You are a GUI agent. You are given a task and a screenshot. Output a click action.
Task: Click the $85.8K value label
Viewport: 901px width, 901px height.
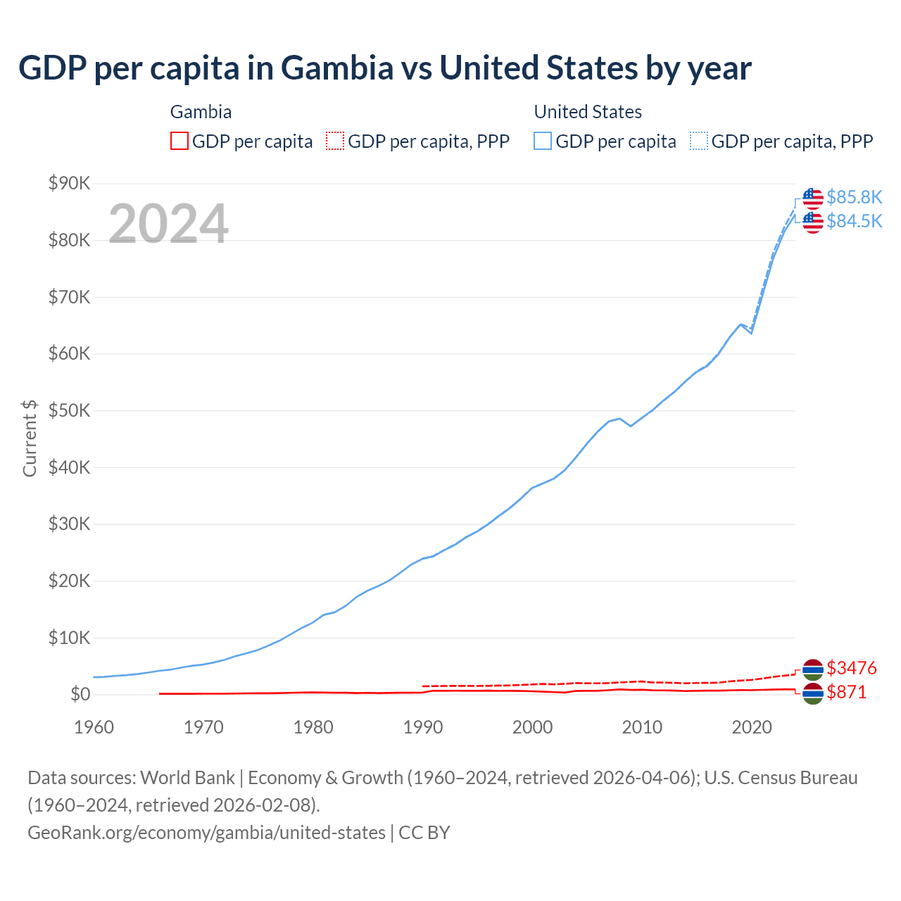[x=854, y=197]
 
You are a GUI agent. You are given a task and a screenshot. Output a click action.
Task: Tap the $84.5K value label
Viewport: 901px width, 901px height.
[x=854, y=221]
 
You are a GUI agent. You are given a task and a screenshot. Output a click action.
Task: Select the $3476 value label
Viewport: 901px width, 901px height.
[x=851, y=668]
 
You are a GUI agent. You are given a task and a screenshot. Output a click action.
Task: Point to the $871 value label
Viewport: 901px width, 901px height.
[x=846, y=693]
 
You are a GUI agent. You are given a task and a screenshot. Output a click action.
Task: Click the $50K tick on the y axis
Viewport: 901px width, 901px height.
[x=69, y=411]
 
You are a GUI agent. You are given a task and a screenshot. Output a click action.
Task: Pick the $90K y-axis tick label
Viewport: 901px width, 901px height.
[x=69, y=184]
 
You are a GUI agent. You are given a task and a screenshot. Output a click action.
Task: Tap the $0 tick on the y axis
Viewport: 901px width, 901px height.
[x=80, y=695]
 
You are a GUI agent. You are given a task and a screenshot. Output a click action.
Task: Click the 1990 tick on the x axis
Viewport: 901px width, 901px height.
[x=423, y=727]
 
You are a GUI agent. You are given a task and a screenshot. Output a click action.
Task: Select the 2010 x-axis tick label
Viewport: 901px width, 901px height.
[x=642, y=727]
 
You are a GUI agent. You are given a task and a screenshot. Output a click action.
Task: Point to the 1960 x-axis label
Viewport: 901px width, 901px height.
[x=94, y=727]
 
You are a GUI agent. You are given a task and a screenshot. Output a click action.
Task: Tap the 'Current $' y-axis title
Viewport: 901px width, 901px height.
[x=30, y=438]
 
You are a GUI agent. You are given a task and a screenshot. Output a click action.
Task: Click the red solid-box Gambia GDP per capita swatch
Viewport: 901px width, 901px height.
[x=179, y=141]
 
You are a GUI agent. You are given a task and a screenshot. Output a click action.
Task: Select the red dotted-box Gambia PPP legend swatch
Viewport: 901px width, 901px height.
[x=335, y=141]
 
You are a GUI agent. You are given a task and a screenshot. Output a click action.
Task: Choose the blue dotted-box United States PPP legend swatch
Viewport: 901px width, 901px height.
[x=699, y=141]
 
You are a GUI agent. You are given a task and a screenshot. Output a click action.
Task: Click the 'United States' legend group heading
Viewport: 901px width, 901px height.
[x=588, y=112]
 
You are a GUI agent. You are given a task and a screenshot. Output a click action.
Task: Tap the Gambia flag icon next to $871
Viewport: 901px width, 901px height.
[x=812, y=694]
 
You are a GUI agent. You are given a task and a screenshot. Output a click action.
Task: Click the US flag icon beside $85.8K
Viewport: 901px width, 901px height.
[x=812, y=199]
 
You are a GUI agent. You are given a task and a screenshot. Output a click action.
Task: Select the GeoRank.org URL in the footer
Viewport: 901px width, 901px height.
[x=206, y=833]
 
